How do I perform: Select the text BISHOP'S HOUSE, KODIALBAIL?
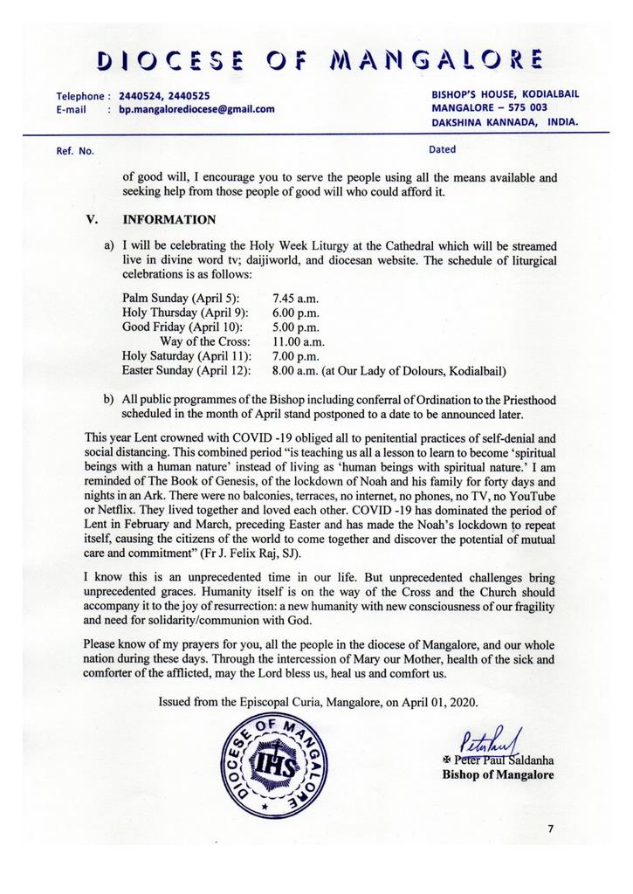505,93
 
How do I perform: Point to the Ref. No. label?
74,151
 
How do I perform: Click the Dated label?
442,149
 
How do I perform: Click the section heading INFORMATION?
169,219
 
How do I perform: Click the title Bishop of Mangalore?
498,774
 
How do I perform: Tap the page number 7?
551,829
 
